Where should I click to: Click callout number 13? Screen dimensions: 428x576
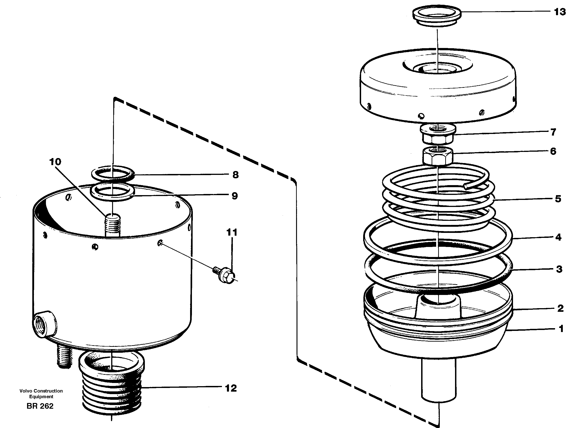560,12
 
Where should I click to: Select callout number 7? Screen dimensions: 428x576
553,132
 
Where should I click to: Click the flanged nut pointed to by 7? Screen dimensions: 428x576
438,134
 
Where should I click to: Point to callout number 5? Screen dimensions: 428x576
558,199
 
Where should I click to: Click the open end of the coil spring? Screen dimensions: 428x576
466,186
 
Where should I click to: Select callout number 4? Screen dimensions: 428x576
558,237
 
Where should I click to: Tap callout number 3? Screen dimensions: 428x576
559,269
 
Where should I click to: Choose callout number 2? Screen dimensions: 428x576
560,308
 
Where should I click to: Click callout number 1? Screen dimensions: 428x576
561,329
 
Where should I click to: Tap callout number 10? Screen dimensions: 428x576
55,162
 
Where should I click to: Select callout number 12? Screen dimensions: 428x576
231,388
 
